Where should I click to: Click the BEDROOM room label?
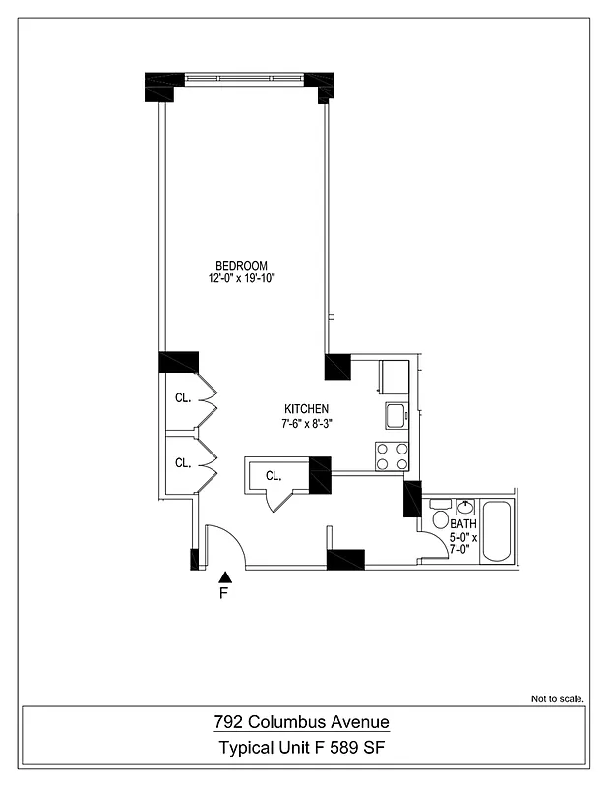coord(241,266)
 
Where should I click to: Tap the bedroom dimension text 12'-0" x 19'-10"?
coord(241,279)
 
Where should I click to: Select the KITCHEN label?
coord(306,409)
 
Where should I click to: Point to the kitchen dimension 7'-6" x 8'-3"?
coord(306,424)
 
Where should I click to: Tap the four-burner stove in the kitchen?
coord(391,455)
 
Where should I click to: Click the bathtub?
coord(497,532)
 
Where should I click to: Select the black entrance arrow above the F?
coord(224,576)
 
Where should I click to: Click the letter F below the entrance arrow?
coord(223,594)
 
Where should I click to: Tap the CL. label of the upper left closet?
coord(183,398)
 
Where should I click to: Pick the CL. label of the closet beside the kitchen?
coord(274,476)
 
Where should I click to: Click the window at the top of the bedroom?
coord(243,78)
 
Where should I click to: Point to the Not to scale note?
coord(558,699)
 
